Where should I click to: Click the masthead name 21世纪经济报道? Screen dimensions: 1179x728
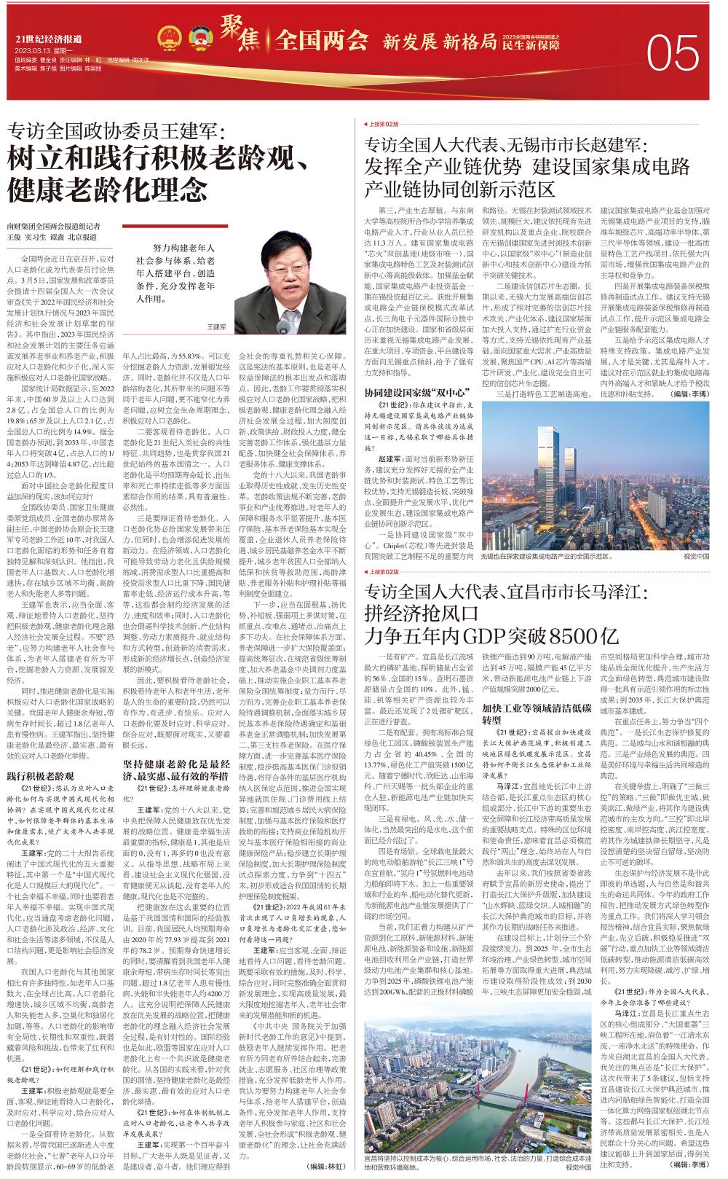[x=49, y=39]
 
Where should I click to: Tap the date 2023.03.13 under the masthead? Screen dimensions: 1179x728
[x=33, y=50]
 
